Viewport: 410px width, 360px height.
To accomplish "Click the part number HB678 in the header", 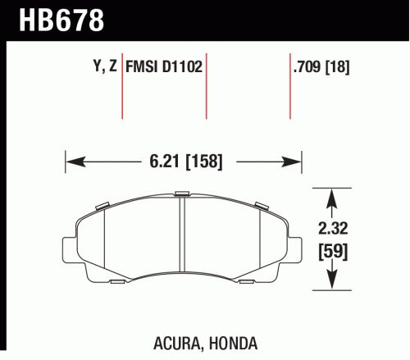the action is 61,21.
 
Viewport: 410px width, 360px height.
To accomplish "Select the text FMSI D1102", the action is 164,66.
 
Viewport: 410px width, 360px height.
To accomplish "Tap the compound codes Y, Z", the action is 105,66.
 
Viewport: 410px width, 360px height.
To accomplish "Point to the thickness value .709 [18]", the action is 321,66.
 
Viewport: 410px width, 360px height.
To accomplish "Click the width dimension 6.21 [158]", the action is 186,162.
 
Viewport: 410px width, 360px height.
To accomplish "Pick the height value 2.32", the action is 333,228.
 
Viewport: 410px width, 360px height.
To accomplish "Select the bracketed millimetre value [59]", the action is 333,252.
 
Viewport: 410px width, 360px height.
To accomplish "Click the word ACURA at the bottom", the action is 176,344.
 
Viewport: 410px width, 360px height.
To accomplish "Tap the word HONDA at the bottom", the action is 233,344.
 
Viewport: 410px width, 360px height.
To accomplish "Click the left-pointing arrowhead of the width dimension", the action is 75,162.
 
